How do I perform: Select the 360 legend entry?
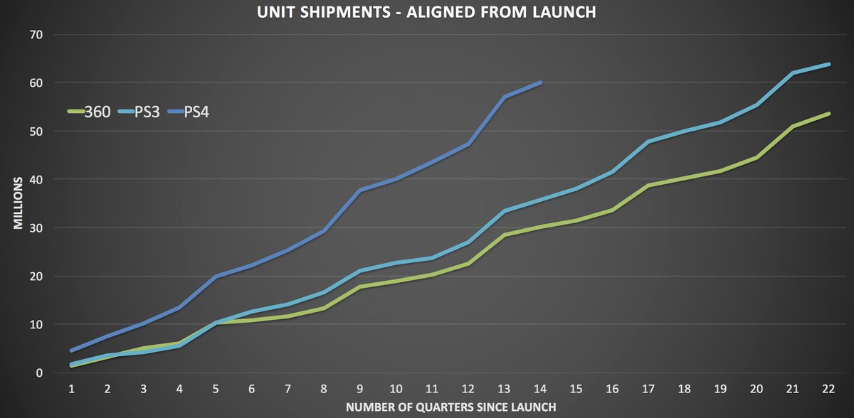[89, 112]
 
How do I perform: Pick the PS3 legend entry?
[140, 112]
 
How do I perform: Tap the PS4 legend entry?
[189, 112]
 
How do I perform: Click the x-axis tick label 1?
[71, 389]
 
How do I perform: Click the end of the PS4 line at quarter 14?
[541, 82]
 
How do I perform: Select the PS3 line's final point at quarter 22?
[829, 64]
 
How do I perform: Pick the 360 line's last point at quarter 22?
[829, 113]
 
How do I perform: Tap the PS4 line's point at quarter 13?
[505, 97]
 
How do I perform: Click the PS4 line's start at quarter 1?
[71, 350]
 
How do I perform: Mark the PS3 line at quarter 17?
[649, 141]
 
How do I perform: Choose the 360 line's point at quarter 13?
[505, 235]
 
